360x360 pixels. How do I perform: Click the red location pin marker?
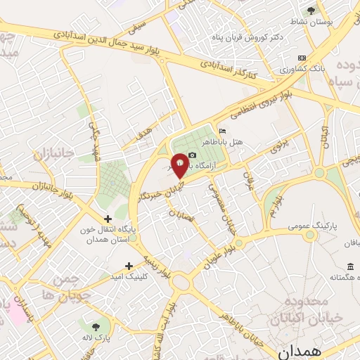coord(180,165)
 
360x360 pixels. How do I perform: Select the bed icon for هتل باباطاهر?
coord(223,131)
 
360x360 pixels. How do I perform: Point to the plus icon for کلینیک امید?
coord(129,266)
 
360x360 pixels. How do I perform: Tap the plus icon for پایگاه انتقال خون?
coord(108,219)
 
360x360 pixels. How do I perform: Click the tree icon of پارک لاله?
coord(94,326)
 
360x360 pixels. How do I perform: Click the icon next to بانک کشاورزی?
coord(302,58)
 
